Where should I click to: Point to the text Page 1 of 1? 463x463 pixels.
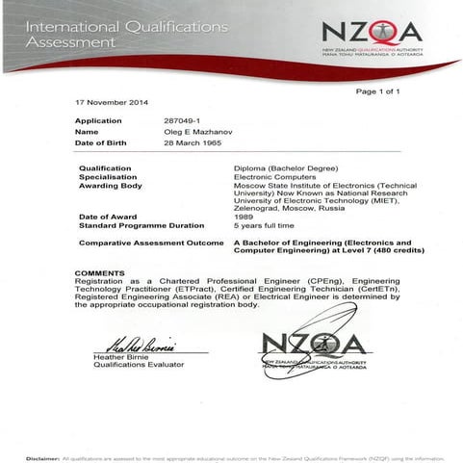(377, 90)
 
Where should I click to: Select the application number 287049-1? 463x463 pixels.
(183, 120)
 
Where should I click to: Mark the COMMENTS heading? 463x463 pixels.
(99, 272)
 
